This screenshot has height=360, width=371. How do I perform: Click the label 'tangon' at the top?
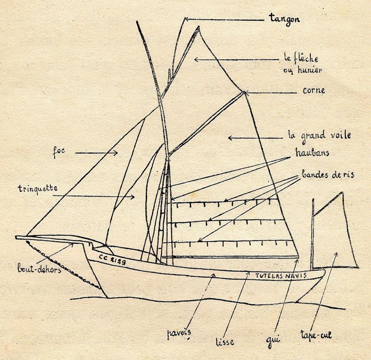tap(284, 19)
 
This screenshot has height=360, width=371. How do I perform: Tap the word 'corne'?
tap(314, 90)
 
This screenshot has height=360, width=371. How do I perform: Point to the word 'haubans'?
tap(312, 153)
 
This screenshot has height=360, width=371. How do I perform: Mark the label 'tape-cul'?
tap(316, 335)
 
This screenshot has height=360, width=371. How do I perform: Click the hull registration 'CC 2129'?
tap(112, 259)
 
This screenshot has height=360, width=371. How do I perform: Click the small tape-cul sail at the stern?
tap(334, 239)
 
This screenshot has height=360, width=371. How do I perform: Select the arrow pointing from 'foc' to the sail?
tap(96, 153)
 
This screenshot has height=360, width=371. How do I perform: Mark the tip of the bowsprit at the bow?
tap(17, 238)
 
